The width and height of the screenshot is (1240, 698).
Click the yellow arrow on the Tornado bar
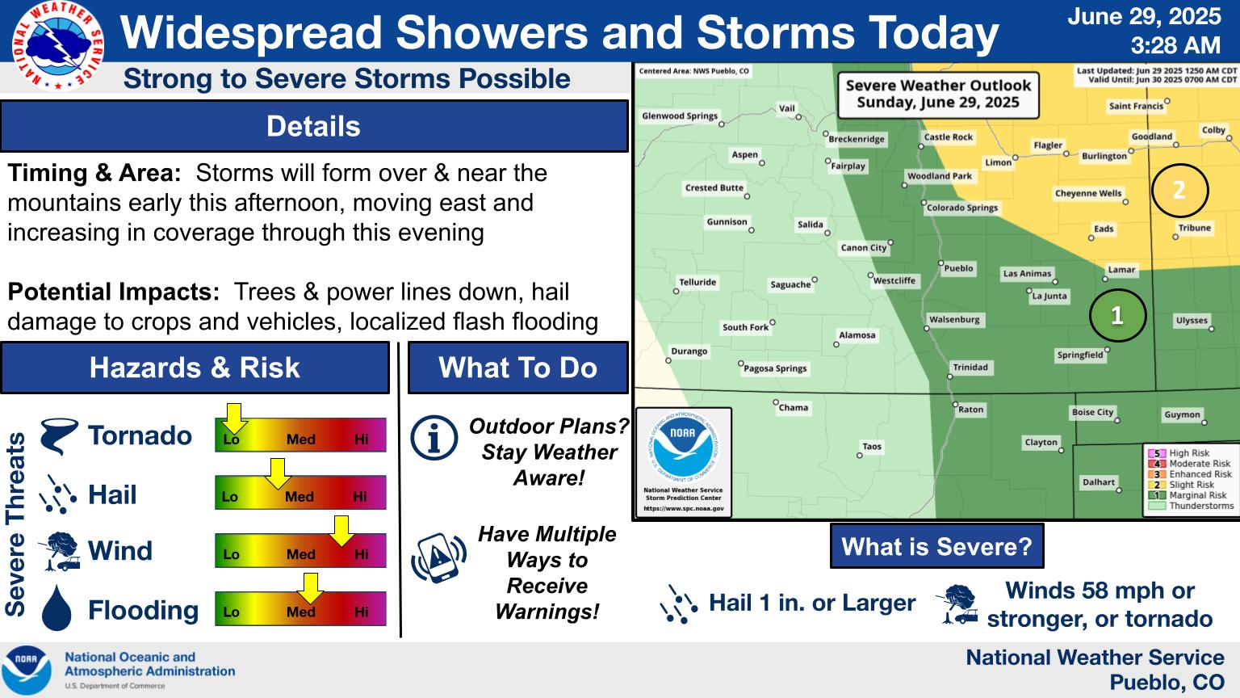(x=234, y=418)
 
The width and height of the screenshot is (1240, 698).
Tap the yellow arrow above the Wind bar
(x=341, y=531)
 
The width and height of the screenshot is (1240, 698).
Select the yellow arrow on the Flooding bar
(x=311, y=588)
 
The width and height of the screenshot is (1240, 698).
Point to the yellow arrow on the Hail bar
(x=278, y=473)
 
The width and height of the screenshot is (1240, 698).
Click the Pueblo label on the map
(x=958, y=268)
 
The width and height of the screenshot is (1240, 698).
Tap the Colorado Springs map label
(x=962, y=208)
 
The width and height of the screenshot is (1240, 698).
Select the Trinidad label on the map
(x=970, y=368)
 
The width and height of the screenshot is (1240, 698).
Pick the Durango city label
(x=689, y=351)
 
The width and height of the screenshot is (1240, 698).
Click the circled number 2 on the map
(x=1179, y=191)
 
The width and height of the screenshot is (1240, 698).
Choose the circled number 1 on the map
(x=1117, y=315)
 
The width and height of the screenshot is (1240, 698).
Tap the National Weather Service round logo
(x=57, y=45)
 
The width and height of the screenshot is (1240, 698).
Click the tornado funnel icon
(x=59, y=436)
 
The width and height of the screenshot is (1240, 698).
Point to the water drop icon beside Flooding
(x=57, y=608)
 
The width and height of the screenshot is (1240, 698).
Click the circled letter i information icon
(x=434, y=438)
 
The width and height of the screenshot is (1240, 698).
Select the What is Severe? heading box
(x=936, y=546)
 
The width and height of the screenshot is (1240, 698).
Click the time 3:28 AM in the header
(x=1175, y=45)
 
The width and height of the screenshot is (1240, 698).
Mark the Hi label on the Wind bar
(x=362, y=554)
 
